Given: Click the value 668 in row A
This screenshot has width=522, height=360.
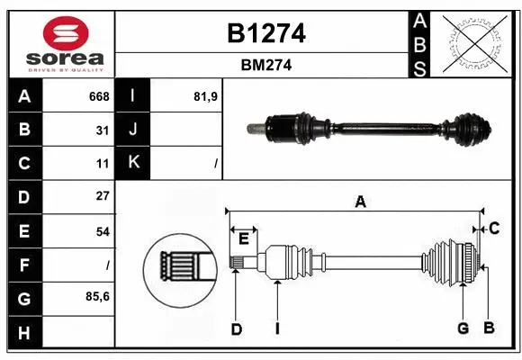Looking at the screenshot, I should tap(99, 96).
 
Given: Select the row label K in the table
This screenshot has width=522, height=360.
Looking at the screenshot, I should tap(133, 163).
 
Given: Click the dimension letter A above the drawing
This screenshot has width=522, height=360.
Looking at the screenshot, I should tap(360, 202).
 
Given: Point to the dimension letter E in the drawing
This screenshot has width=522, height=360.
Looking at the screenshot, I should tap(243, 238).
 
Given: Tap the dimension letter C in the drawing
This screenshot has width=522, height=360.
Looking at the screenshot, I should tap(494, 229).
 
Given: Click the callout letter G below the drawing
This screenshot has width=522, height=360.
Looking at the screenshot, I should tap(463, 328).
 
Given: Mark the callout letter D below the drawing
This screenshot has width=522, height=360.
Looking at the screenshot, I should tap(236, 329).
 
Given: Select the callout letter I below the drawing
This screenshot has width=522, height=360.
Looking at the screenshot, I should tap(277, 329).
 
